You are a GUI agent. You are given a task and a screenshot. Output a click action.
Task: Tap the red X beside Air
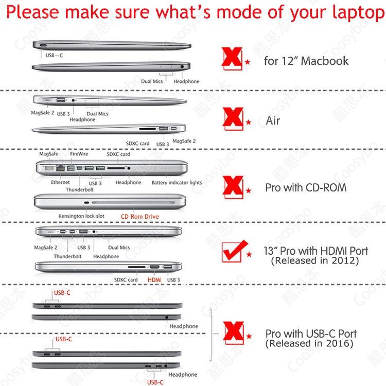233,119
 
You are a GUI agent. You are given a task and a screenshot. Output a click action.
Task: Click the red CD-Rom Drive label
139,217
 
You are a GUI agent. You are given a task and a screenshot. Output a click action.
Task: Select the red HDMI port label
154,280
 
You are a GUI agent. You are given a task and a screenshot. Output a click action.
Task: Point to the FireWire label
79,154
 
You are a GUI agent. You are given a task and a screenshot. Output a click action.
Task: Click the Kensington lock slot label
81,216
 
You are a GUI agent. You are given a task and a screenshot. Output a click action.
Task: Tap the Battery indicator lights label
177,182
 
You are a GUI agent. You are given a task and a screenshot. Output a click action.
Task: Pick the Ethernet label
60,182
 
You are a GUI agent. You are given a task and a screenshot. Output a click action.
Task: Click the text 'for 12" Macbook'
306,61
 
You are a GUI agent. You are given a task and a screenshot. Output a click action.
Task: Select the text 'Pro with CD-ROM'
306,187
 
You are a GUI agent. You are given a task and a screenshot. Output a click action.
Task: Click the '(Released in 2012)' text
314,260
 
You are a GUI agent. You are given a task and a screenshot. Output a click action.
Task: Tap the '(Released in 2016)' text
309,343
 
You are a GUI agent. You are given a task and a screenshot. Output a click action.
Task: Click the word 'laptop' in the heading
358,12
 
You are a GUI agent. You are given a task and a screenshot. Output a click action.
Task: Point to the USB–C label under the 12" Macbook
54,56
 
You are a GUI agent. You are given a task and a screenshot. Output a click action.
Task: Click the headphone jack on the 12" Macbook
182,66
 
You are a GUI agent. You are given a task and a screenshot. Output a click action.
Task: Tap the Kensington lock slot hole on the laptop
86,203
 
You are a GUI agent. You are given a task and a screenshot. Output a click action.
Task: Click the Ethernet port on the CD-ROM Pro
61,168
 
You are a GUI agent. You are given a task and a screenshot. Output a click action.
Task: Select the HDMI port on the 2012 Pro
154,267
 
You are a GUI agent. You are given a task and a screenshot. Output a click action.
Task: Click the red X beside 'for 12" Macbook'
232,58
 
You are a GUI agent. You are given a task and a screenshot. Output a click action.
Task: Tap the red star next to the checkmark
249,254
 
